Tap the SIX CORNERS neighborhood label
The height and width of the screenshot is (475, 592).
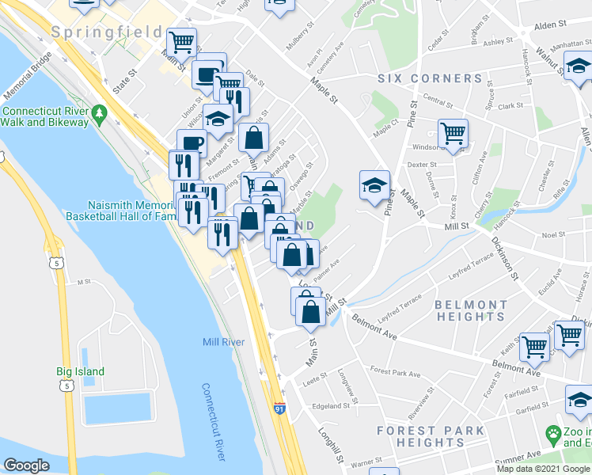point(430,78)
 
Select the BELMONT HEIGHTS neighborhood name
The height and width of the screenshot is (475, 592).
point(470,310)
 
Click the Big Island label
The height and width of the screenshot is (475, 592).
point(80,371)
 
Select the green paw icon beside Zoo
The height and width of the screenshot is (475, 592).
point(552,434)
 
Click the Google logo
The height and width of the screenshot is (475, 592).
point(27,465)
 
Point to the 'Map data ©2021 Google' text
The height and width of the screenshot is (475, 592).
point(542,469)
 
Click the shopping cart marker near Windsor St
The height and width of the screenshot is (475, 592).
point(453,132)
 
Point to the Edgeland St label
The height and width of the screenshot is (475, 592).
point(332,406)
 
